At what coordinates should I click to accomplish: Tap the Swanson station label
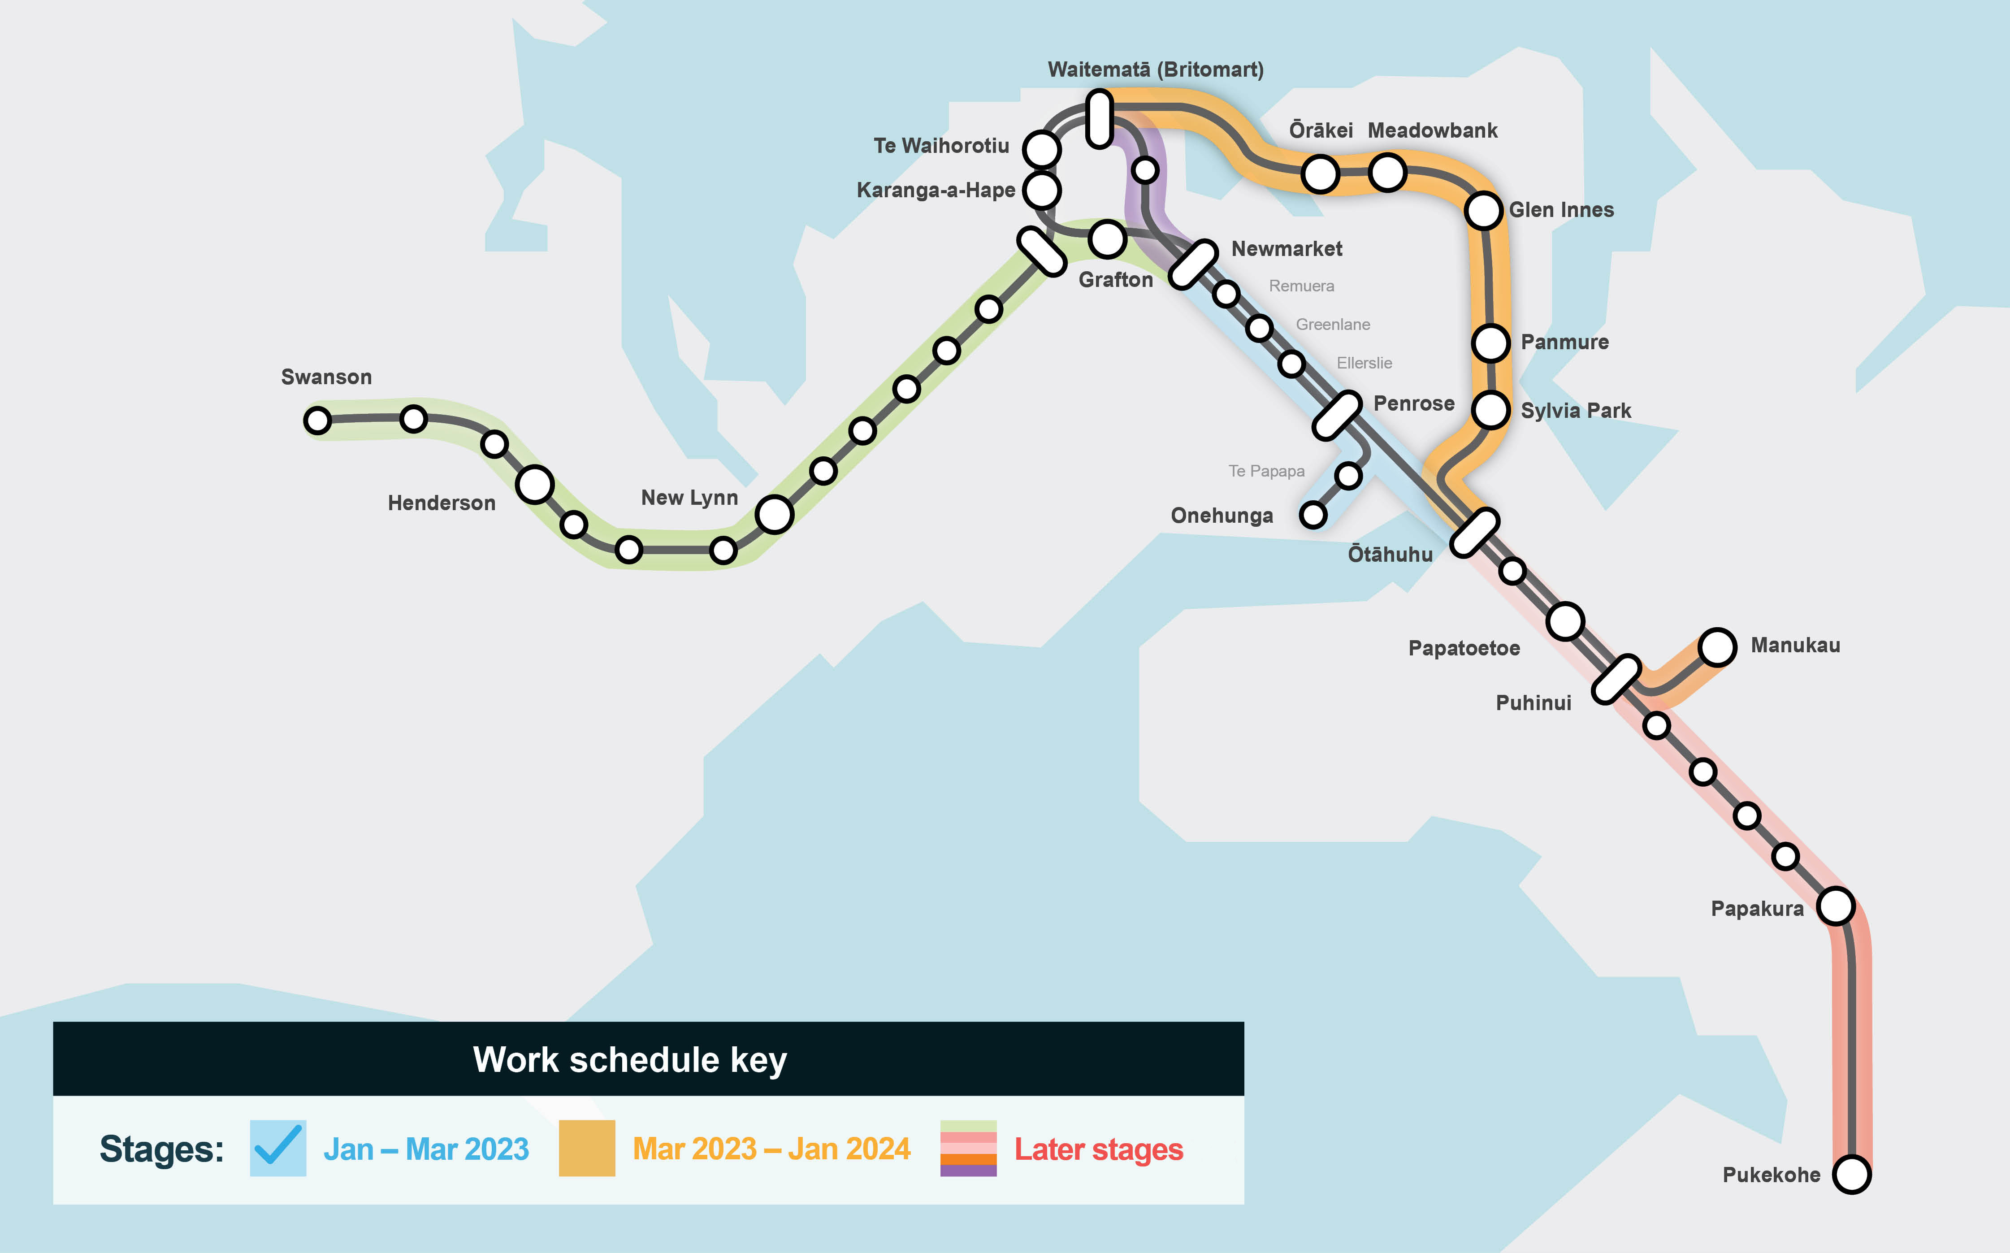[x=326, y=377]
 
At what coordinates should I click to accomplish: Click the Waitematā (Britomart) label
[x=1155, y=69]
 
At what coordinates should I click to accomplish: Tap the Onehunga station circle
[x=1313, y=515]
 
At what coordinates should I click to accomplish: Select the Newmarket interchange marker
[x=1193, y=264]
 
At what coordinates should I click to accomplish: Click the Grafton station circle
[x=1107, y=238]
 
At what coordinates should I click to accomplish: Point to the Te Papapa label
[x=1266, y=471]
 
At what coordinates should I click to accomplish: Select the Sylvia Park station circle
[x=1490, y=409]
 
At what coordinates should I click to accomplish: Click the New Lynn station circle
[x=774, y=514]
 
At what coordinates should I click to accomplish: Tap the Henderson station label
[x=442, y=503]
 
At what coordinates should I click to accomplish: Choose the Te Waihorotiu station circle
[x=1041, y=148]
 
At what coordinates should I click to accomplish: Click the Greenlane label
[x=1332, y=324]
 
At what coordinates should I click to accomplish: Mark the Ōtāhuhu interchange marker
[x=1475, y=532]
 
